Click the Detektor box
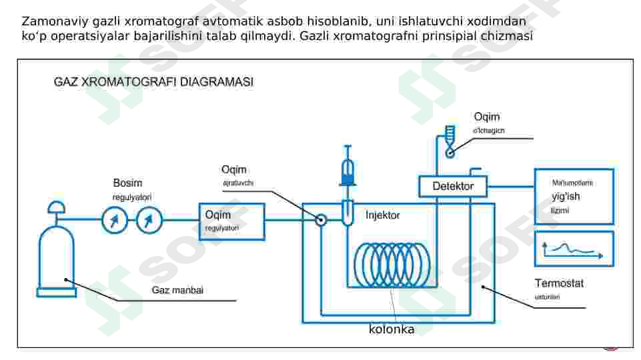point(453,186)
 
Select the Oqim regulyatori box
point(231,221)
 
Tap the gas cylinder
point(58,260)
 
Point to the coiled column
point(392,265)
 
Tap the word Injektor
point(383,215)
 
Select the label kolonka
point(392,329)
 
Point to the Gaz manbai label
point(177,290)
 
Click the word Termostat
point(559,283)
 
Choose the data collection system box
point(574,196)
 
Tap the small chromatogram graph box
point(574,249)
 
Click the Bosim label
point(127,183)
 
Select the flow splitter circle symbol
point(321,220)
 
